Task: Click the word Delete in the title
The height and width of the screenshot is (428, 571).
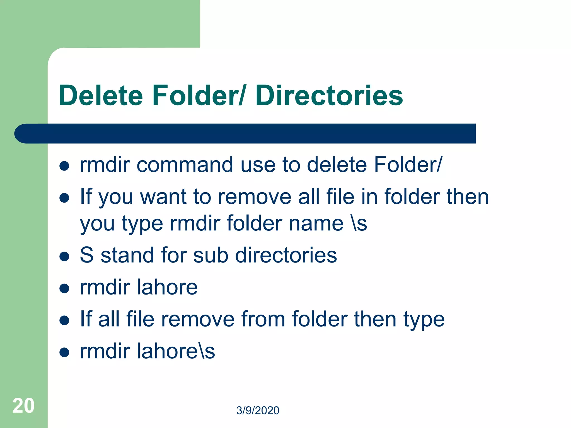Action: [x=101, y=96]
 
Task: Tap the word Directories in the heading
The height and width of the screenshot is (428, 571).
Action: [x=329, y=96]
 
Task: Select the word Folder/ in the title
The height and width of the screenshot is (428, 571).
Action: [x=199, y=96]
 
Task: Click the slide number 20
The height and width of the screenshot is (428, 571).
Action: [x=23, y=406]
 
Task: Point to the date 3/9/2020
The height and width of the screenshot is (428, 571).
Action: [x=258, y=410]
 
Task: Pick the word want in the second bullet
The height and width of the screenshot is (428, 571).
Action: [x=163, y=197]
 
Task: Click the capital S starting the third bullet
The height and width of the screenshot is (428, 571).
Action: [x=86, y=255]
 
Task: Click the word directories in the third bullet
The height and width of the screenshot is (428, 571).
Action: [x=286, y=255]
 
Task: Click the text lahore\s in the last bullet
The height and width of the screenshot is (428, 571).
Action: [x=176, y=351]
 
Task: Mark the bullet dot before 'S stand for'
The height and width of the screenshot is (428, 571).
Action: [x=64, y=256]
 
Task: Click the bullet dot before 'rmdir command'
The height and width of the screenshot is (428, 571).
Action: [x=64, y=166]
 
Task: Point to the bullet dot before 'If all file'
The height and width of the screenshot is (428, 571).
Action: [x=64, y=320]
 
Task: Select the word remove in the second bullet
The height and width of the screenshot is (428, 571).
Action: [x=255, y=197]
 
